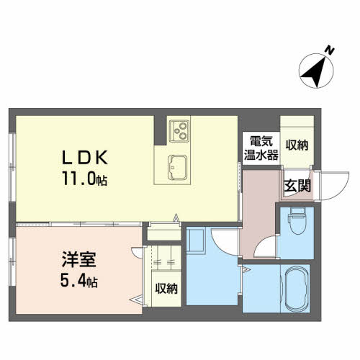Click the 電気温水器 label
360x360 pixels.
[260, 147]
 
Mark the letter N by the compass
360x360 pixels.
[328, 50]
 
